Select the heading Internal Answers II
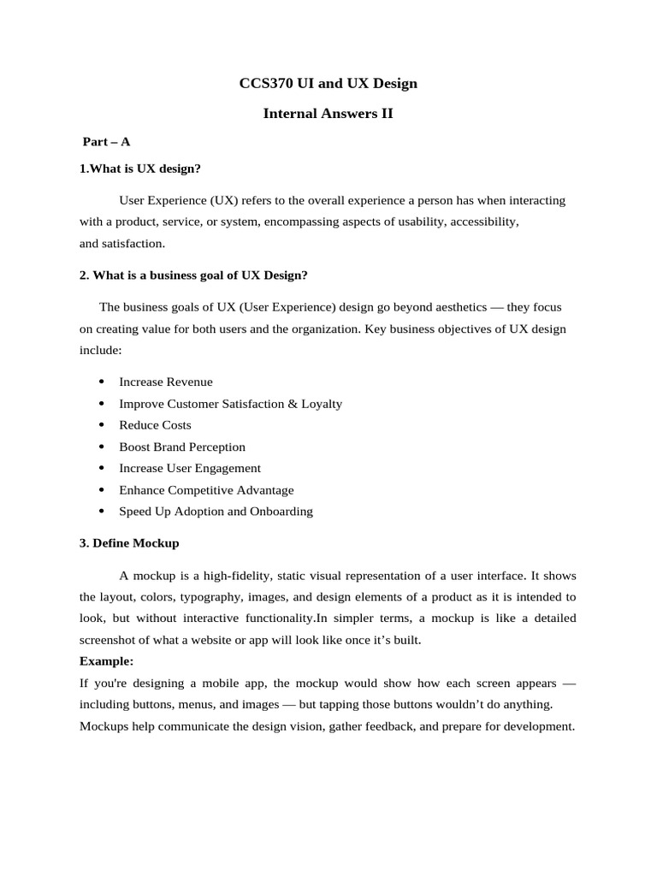[x=328, y=113]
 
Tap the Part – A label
[x=106, y=142]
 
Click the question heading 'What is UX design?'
[x=145, y=169]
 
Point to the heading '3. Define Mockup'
[x=129, y=543]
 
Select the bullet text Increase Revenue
[x=166, y=382]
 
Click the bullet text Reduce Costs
[x=155, y=425]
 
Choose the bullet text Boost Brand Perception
[x=182, y=447]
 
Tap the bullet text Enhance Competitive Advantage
[x=206, y=490]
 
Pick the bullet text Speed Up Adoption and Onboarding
[x=216, y=512]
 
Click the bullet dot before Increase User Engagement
[x=102, y=469]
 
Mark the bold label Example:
[x=107, y=661]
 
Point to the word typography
[x=200, y=596]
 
